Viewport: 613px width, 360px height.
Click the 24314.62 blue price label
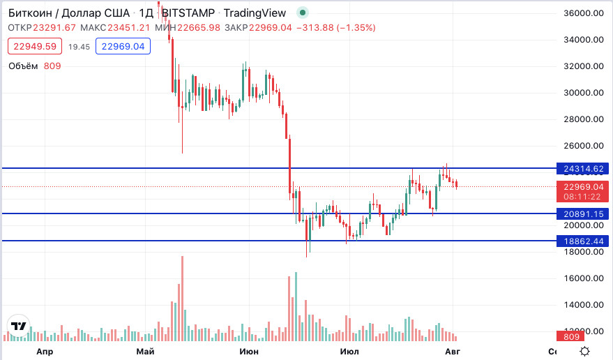583,168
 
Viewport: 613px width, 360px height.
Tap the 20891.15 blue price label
583,214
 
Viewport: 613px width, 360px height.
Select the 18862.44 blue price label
583,241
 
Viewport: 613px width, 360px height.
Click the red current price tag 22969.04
583,186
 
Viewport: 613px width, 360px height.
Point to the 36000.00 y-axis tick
582,13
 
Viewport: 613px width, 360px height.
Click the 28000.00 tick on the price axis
582,119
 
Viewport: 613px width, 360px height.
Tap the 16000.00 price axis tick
582,278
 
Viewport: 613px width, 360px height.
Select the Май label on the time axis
145,351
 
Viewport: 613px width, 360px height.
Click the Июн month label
248,351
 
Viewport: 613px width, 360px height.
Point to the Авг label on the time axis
453,351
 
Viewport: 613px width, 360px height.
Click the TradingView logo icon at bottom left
18,326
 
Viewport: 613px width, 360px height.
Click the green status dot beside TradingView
301,13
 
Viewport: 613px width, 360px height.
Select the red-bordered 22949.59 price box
34,47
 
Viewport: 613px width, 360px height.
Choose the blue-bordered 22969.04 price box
123,47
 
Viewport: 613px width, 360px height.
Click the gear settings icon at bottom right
585,351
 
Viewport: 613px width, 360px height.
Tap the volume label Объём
23,66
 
